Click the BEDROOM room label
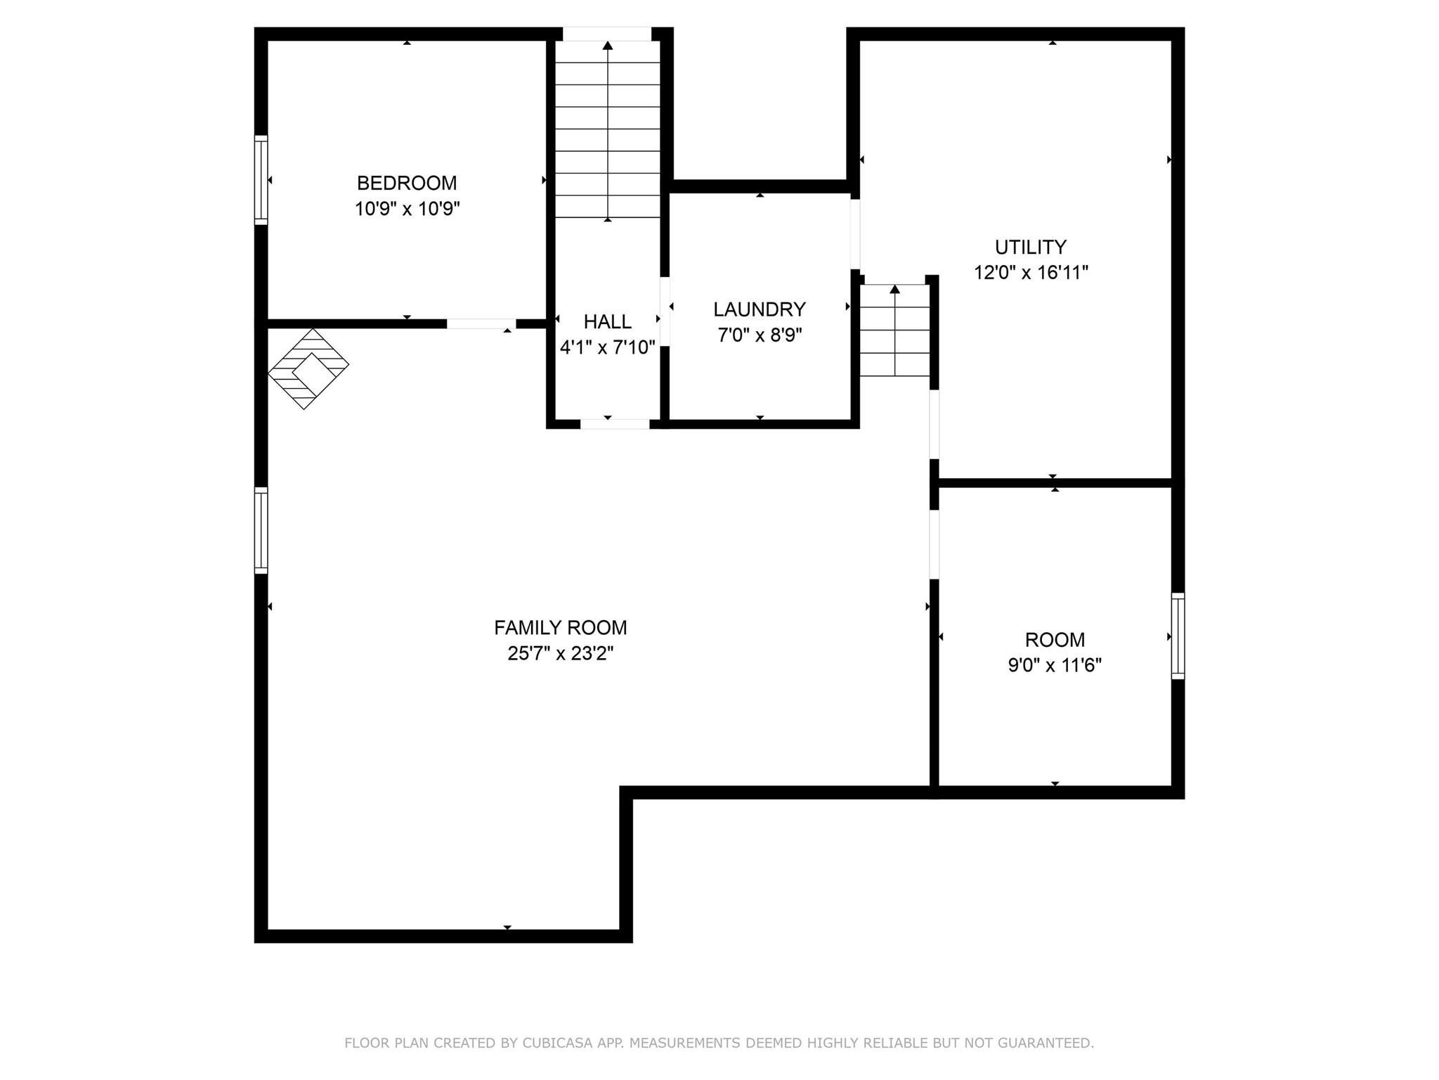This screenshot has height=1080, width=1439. point(407,183)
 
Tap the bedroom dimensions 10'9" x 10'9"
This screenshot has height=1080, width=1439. point(407,209)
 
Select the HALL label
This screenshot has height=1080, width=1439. point(607,321)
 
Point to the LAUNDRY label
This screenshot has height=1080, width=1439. point(759,309)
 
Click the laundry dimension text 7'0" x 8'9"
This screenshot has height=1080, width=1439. point(759,335)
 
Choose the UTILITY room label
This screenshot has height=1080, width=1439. point(1030,247)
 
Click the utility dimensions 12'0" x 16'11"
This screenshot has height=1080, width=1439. point(1030,272)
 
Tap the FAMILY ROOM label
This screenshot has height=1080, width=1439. point(560,627)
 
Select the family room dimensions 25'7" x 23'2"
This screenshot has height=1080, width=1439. point(560,653)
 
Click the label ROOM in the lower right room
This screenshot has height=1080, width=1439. point(1054,640)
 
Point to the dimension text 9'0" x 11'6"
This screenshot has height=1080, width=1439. point(1054,665)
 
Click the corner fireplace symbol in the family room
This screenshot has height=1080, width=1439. point(308,368)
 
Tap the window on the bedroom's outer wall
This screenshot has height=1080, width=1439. point(261,180)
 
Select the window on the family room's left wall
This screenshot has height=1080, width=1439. point(261,530)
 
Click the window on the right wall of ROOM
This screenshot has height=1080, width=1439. point(1178,636)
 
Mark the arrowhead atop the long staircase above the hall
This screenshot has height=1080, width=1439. point(608,46)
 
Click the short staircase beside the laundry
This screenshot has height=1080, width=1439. point(894,330)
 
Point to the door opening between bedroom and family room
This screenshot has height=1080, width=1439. point(481,323)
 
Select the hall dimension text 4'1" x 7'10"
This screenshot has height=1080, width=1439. point(607,347)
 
